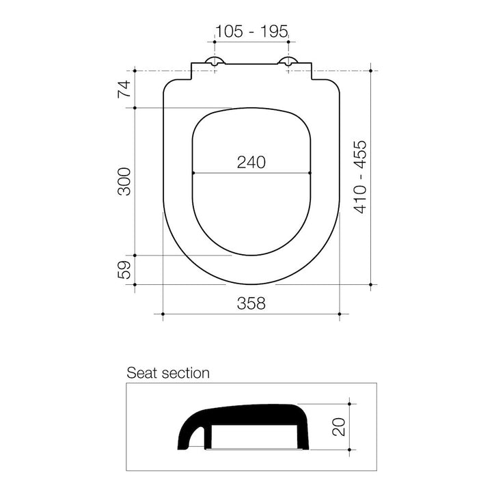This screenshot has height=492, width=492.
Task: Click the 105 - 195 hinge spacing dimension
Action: [x=251, y=31]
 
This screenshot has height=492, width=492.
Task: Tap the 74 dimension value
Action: [x=124, y=89]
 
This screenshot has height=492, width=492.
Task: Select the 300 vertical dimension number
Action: [x=124, y=182]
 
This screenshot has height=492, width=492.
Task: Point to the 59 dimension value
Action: [x=124, y=270]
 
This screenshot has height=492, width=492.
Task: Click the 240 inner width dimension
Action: [x=251, y=162]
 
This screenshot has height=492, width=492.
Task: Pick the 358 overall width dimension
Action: [x=251, y=303]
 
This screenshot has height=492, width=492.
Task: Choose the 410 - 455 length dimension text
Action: [x=360, y=177]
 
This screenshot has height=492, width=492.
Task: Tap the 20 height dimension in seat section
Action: [x=339, y=426]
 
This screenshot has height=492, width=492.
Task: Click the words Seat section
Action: [x=168, y=373]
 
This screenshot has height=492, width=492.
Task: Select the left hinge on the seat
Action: [x=215, y=61]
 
